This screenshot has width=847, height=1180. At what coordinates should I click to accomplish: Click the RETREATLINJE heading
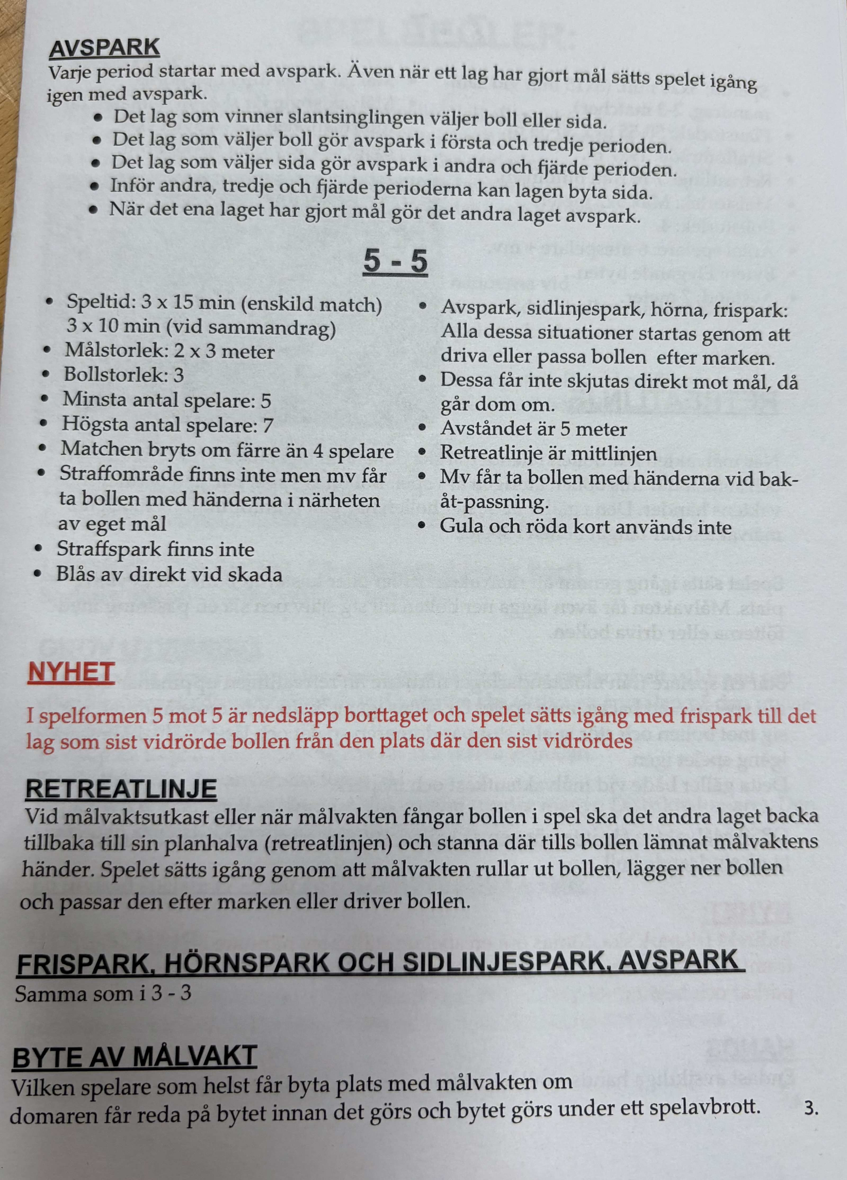click(121, 789)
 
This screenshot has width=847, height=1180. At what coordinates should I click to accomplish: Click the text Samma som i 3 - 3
click(103, 994)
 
